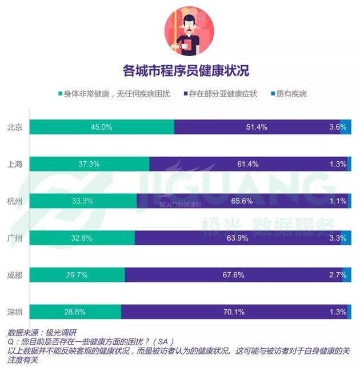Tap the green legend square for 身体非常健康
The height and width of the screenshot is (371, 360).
(59, 94)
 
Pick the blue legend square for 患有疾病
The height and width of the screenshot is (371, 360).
(273, 94)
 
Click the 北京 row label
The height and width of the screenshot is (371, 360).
(15, 127)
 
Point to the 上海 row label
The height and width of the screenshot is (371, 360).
(15, 164)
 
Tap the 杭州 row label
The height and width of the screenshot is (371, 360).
(15, 201)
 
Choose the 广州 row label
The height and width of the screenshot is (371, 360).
(15, 238)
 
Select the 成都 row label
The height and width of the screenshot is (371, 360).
(15, 275)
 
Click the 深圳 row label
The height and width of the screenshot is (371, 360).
(15, 312)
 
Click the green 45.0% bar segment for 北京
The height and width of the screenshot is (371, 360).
(102, 127)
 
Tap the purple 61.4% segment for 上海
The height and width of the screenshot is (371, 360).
(247, 164)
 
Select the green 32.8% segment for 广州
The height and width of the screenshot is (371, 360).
(82, 238)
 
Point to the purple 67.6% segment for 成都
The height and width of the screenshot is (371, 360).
(233, 275)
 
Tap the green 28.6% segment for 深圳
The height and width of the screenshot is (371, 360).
(75, 312)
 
